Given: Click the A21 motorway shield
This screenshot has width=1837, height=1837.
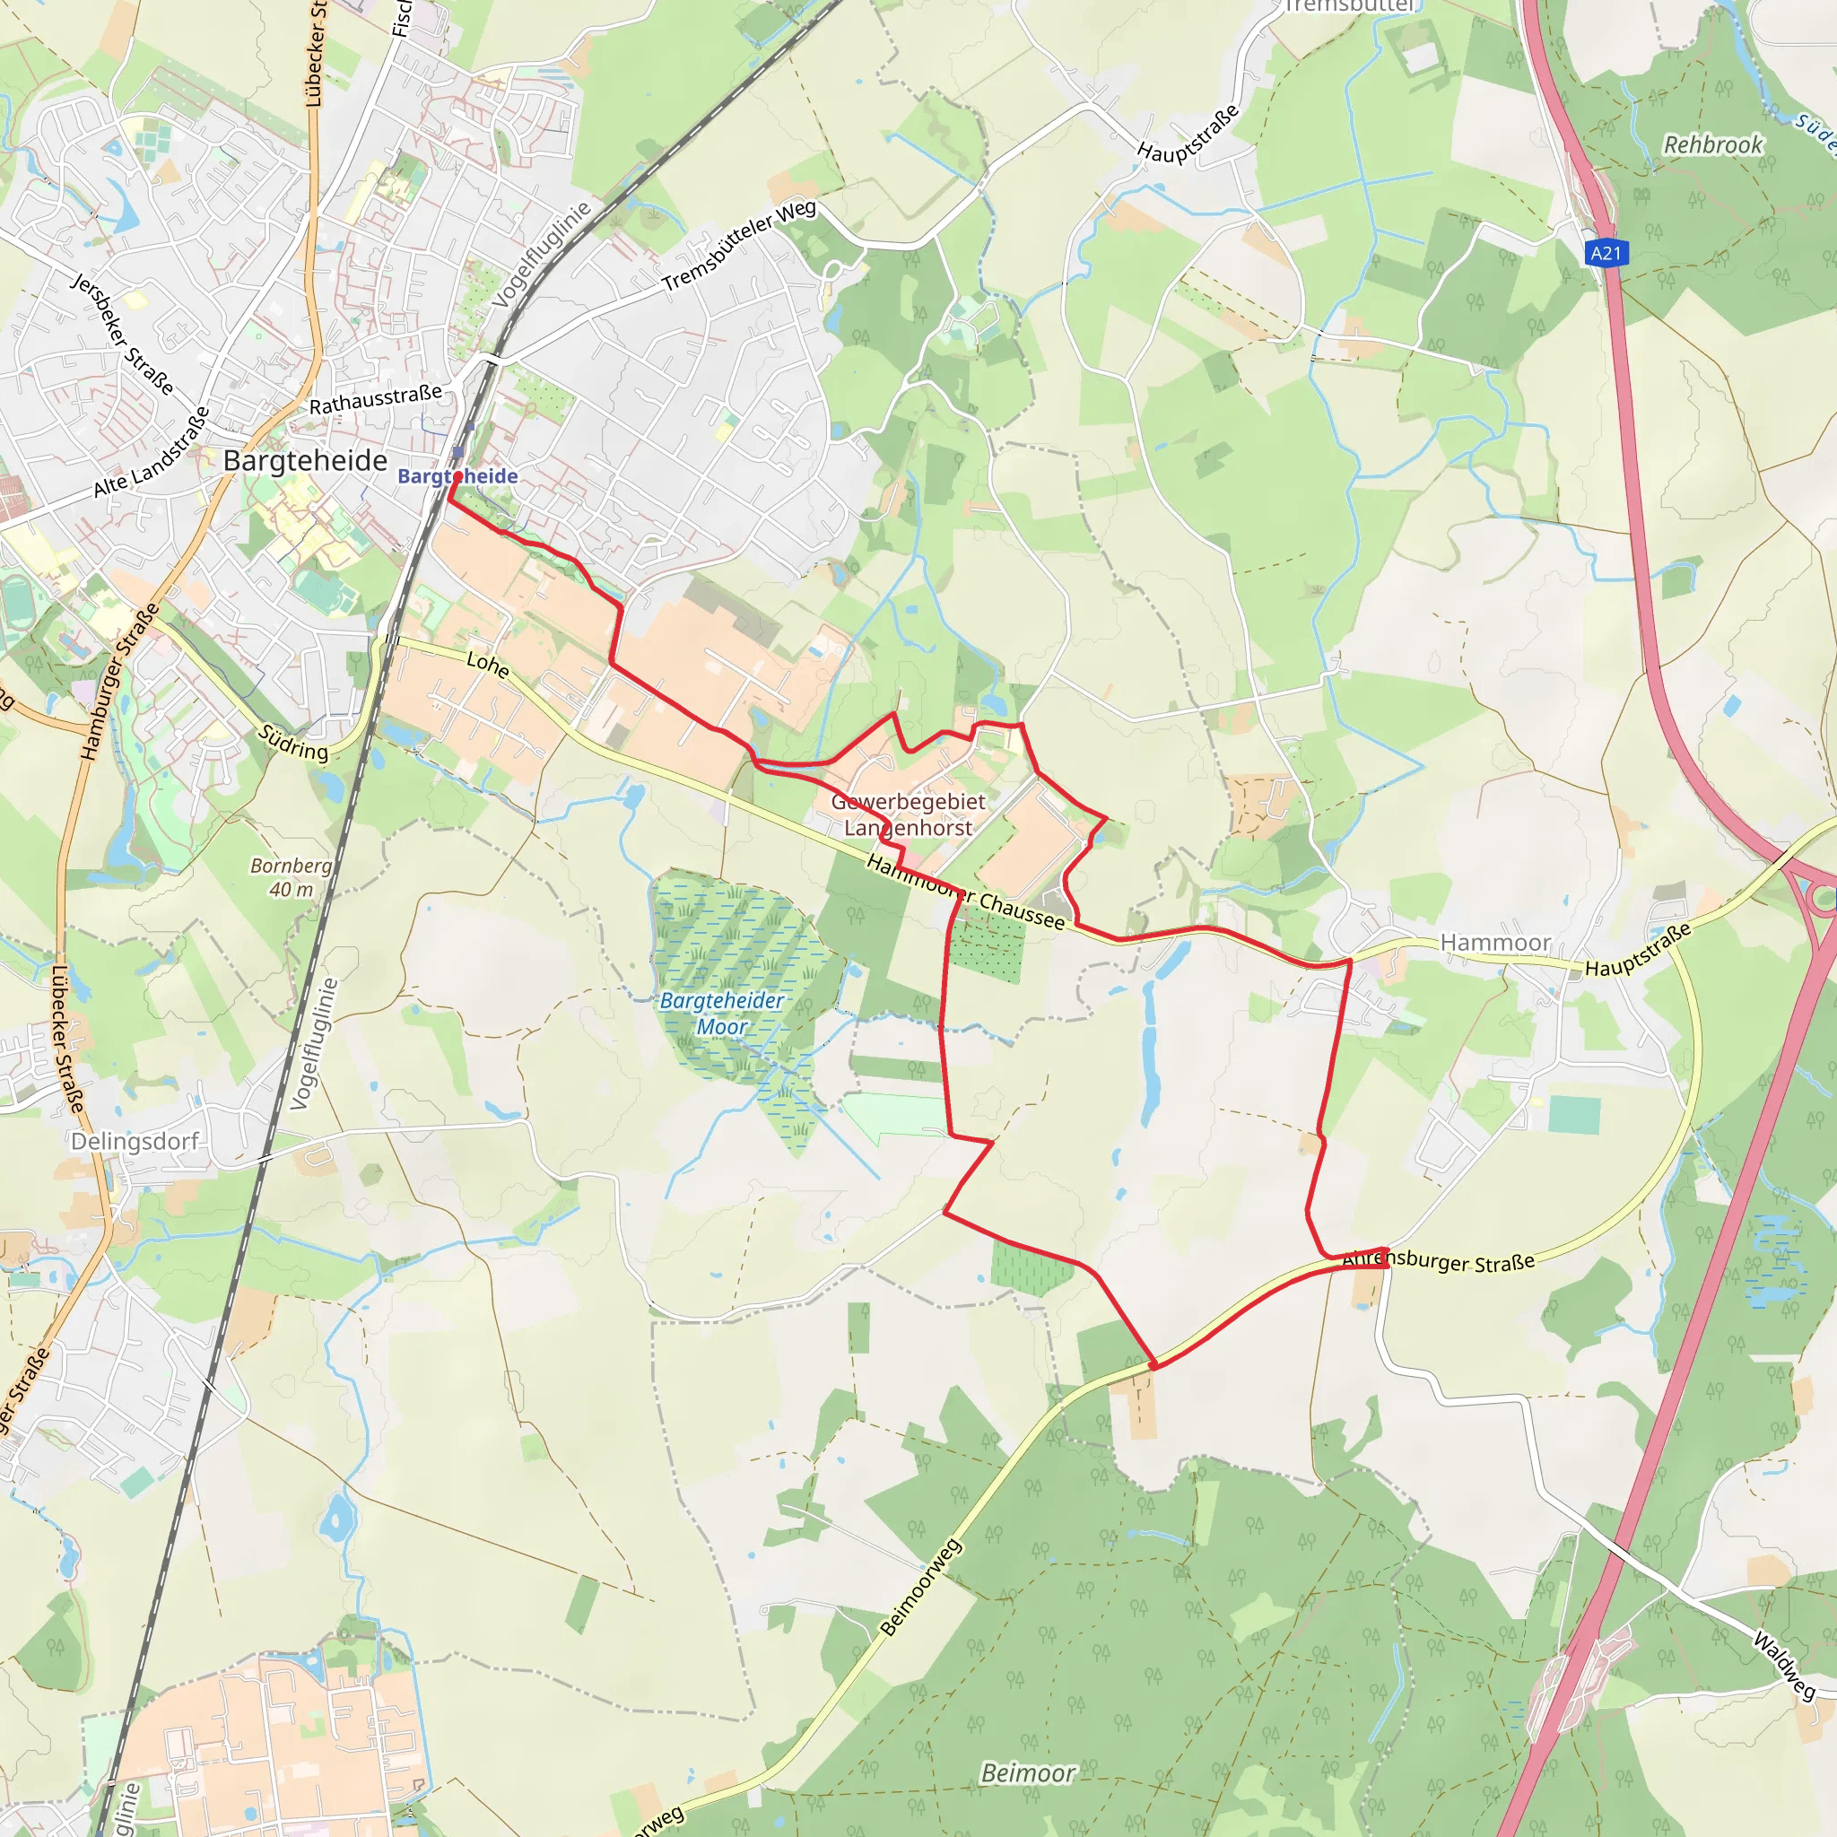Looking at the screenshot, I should coord(1606,253).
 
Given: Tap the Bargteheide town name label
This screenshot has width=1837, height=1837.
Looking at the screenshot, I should coord(305,461).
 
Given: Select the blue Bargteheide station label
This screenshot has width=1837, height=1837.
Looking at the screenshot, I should coord(458,476).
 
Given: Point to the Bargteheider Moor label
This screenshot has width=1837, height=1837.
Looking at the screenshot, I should coord(722,1014).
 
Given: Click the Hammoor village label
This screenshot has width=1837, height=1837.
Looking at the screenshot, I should coord(1495,943).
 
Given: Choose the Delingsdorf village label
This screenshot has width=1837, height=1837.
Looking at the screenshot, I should coord(135,1141).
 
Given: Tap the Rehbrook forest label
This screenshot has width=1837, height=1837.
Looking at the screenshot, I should coord(1712,145).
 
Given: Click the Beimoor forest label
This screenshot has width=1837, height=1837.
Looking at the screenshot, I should coord(1028,1773).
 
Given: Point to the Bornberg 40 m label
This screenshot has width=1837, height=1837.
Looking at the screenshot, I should coord(291,877).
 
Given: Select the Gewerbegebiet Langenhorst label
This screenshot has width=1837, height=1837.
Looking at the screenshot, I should coord(908,814).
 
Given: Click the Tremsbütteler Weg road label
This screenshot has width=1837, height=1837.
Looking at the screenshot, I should coord(739,247).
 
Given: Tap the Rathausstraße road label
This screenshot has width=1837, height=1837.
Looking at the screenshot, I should coord(376,399).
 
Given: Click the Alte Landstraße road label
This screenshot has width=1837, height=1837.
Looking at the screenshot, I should coord(152,454).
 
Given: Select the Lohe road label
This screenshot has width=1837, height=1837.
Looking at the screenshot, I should coord(488,664).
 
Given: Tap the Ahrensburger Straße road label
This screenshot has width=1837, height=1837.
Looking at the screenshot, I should coord(1439,1262).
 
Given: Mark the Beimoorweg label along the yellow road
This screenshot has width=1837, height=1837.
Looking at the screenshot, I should coord(920,1587).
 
